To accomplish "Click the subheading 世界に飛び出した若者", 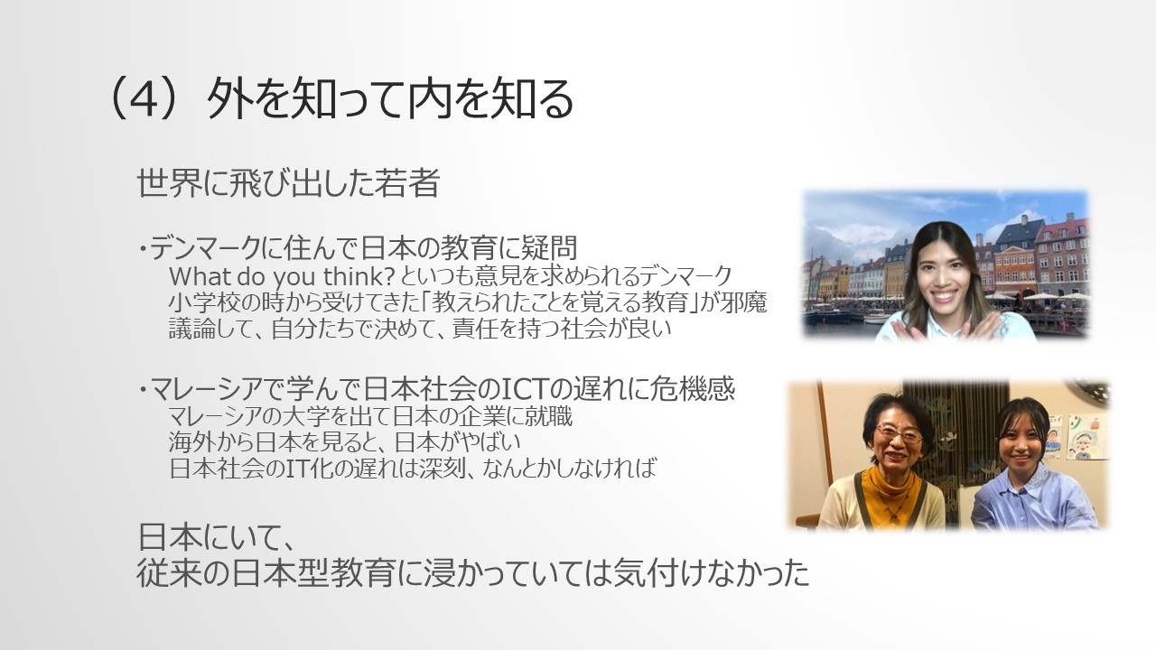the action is [288, 182].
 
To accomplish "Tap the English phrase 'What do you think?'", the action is [282, 277].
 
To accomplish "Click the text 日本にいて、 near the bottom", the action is [217, 537].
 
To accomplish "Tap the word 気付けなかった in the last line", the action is [712, 572].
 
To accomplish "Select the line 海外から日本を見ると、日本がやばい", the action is [344, 442].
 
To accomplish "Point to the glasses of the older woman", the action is [899, 436].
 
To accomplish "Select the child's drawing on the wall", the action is [1086, 437].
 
